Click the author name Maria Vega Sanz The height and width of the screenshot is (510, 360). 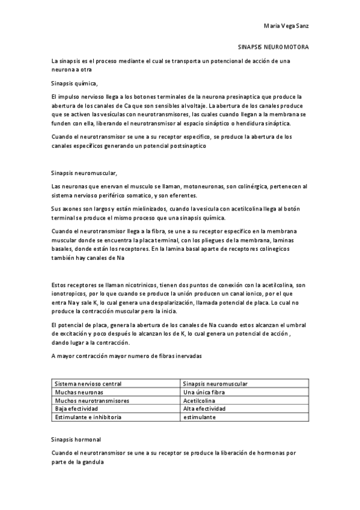pyautogui.click(x=287, y=26)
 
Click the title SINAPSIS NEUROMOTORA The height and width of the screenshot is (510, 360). pyautogui.click(x=274, y=46)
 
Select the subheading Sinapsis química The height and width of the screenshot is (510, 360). pyautogui.click(x=75, y=83)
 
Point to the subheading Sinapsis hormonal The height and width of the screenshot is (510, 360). pyautogui.click(x=76, y=439)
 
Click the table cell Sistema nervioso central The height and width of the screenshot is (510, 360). pyautogui.click(x=88, y=384)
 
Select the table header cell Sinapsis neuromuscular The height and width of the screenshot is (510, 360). pyautogui.click(x=215, y=384)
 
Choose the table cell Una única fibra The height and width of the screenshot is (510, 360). pyautogui.click(x=204, y=392)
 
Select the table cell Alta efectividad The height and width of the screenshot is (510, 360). pyautogui.click(x=204, y=408)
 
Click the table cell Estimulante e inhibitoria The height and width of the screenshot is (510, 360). pyautogui.click(x=88, y=417)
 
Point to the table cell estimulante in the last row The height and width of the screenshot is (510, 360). pyautogui.click(x=199, y=417)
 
